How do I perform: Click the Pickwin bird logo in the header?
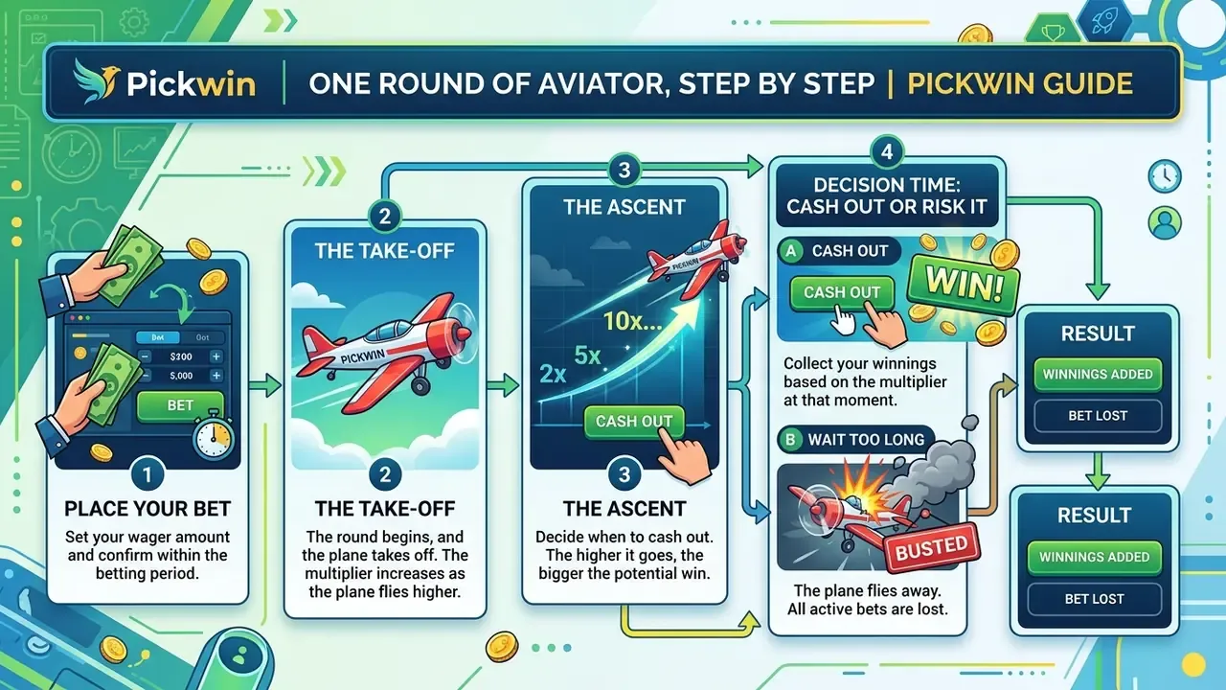tap(97, 81)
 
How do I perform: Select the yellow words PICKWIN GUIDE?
tap(1020, 83)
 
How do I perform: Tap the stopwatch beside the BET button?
tap(214, 435)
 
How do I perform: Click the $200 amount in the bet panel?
tap(181, 356)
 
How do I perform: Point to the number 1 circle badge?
tap(148, 474)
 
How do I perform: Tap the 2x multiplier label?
tap(553, 374)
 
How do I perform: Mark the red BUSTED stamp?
tap(932, 547)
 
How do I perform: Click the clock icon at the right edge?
tap(1165, 175)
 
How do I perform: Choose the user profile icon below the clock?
tap(1165, 222)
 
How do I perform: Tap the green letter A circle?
tap(791, 251)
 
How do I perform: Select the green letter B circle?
tap(790, 440)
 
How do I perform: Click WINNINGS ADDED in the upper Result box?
tap(1098, 374)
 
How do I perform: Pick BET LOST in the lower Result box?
tap(1094, 599)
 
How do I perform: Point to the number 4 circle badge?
tap(887, 151)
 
